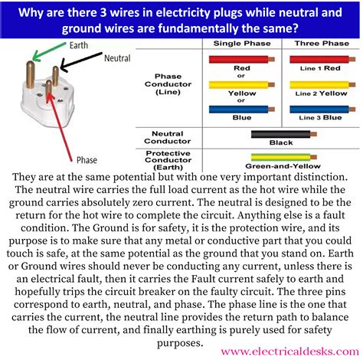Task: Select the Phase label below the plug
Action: tap(87, 160)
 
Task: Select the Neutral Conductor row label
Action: tap(168, 138)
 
